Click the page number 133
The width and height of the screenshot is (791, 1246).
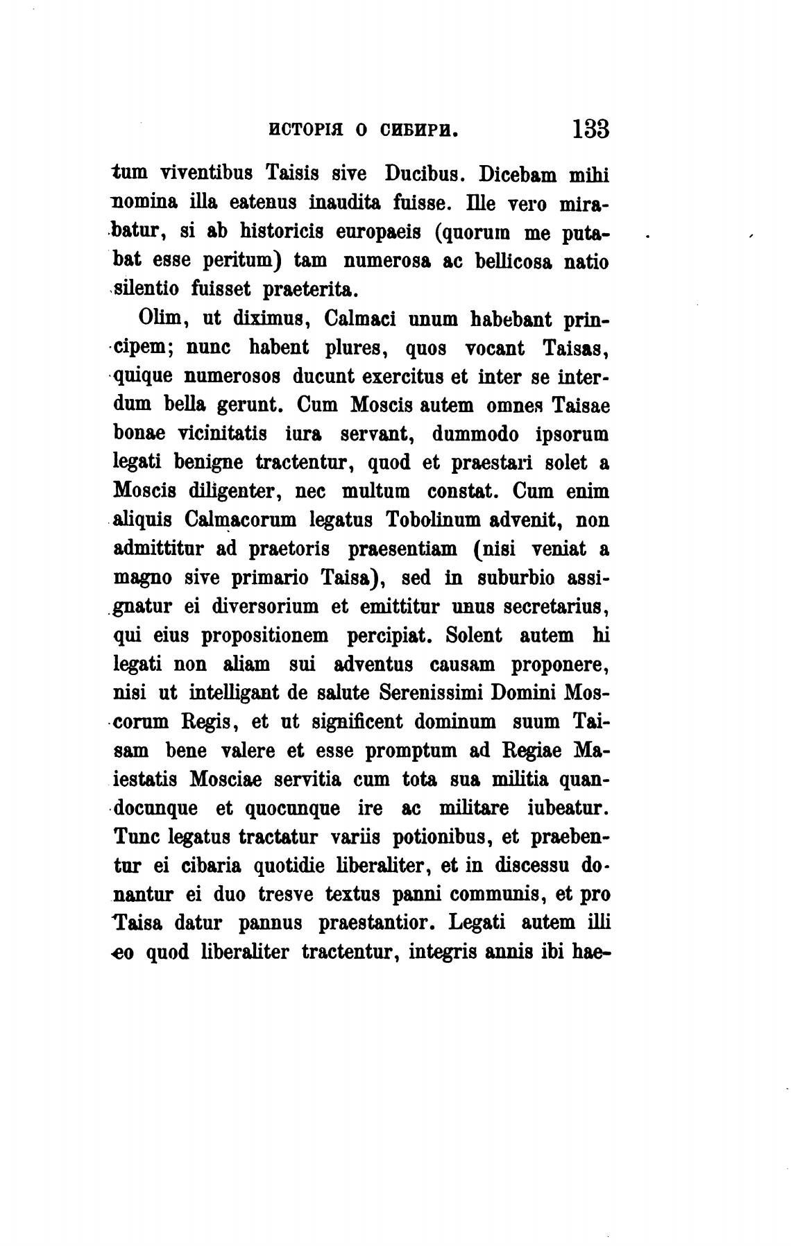point(590,129)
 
